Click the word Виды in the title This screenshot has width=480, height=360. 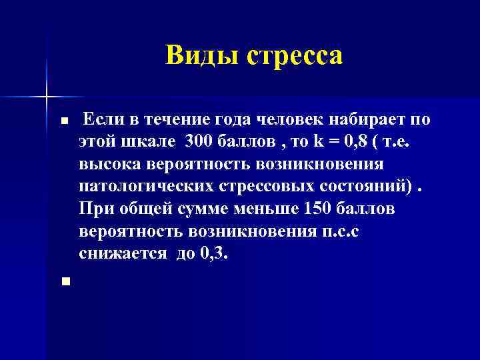pos(201,55)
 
